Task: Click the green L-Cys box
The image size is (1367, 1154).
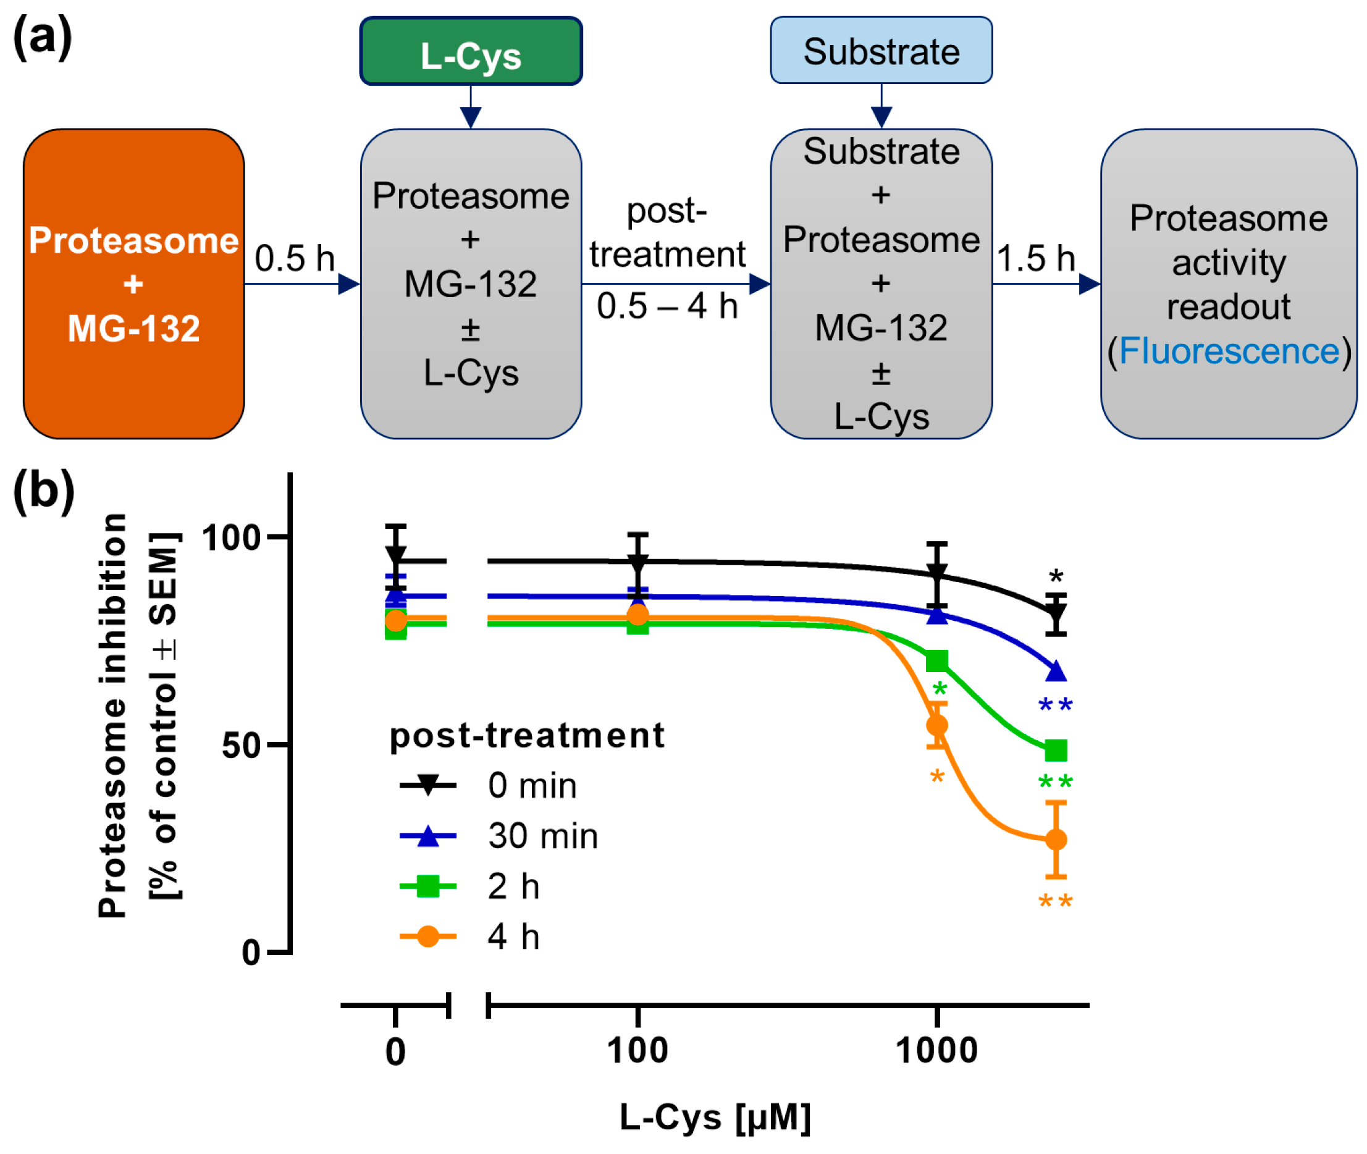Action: tap(470, 52)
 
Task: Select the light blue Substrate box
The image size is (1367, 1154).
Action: tap(880, 51)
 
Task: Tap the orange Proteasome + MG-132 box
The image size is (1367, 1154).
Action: tap(133, 284)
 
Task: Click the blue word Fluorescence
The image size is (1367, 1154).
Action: tap(1229, 351)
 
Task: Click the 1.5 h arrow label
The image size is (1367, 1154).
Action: tap(1035, 258)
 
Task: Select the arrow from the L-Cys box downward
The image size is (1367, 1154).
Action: tap(470, 107)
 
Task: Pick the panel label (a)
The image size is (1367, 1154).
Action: tap(42, 37)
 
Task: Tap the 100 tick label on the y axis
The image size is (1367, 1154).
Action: tap(231, 537)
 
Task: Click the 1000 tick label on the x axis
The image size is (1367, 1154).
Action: tap(936, 1051)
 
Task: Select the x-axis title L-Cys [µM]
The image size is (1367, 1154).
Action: tap(714, 1117)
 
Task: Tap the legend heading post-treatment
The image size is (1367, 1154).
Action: tap(526, 735)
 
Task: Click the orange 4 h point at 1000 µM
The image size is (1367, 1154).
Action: tap(936, 725)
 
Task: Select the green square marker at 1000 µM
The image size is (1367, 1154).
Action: tap(936, 661)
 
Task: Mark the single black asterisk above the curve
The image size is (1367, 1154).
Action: tap(1055, 577)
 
